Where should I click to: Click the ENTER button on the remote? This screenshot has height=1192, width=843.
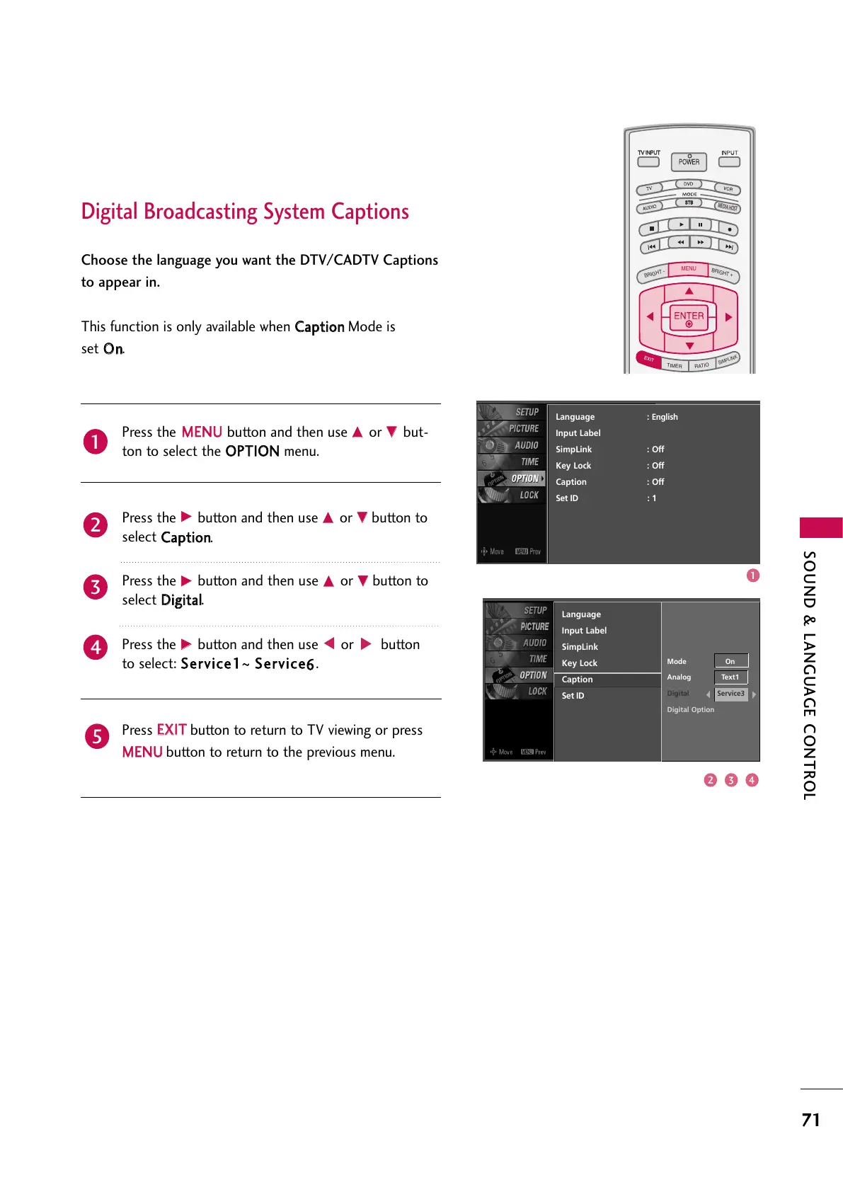[x=689, y=317]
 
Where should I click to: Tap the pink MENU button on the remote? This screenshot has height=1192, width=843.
[x=689, y=269]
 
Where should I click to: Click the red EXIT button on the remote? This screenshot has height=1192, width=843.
[x=648, y=359]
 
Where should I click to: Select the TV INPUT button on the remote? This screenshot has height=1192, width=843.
[x=648, y=161]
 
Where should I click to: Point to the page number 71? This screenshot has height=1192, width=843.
[x=811, y=1120]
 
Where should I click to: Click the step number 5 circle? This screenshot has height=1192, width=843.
[x=96, y=736]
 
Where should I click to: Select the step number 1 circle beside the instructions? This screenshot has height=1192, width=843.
[x=96, y=442]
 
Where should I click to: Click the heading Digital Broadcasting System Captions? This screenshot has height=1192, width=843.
[x=245, y=212]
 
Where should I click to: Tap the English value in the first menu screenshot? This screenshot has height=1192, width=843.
[x=665, y=417]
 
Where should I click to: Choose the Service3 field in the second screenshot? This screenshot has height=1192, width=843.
[x=730, y=694]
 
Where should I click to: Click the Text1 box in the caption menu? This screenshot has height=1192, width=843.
[x=730, y=677]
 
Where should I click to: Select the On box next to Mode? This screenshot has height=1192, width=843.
[x=730, y=661]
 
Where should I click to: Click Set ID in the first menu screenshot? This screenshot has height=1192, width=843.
[x=567, y=498]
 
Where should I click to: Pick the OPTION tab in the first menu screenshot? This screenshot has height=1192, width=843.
[x=524, y=478]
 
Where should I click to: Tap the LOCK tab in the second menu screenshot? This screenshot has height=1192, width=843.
[x=537, y=692]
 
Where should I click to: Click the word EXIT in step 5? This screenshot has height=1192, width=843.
[x=171, y=730]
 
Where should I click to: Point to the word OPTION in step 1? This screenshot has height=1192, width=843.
[x=252, y=451]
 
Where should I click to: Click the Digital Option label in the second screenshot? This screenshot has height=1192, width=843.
[x=690, y=710]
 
